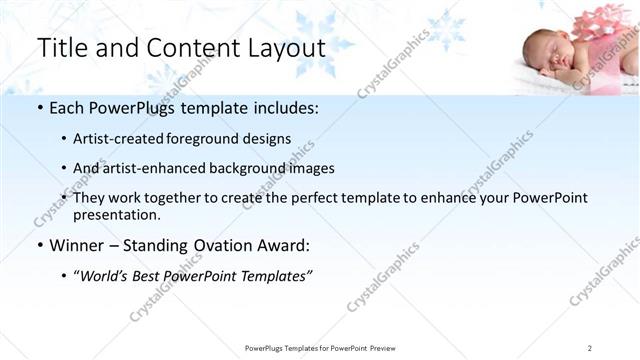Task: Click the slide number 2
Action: [590, 347]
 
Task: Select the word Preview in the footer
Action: [388, 347]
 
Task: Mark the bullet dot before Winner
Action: [38, 245]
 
